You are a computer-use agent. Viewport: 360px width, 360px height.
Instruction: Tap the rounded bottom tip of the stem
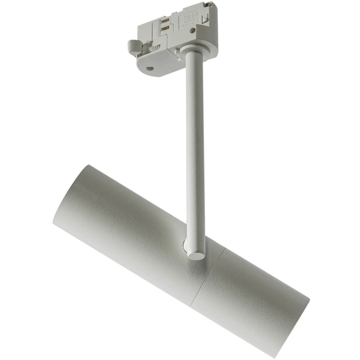pos(196,254)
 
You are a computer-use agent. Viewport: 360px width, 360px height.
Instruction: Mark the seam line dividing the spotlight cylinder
pos(207,276)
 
